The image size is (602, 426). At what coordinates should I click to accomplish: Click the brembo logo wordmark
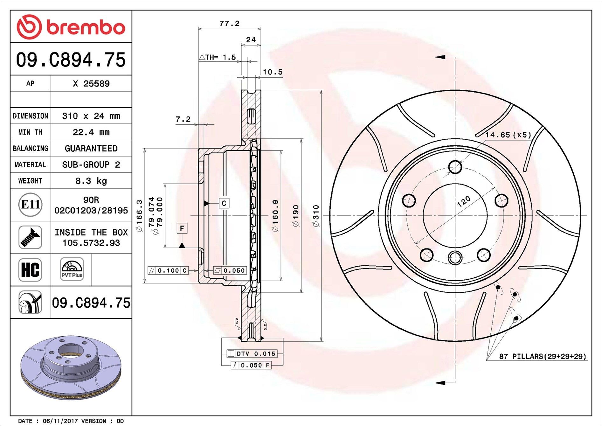[85, 27]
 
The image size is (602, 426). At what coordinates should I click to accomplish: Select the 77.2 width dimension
[229, 24]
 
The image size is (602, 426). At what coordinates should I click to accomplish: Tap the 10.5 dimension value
[273, 72]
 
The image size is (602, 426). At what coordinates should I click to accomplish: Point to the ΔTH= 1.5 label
[218, 58]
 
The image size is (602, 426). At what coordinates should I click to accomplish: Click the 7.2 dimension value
[183, 119]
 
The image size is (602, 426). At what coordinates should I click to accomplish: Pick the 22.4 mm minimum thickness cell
[91, 132]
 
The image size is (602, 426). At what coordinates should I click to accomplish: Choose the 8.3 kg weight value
[91, 181]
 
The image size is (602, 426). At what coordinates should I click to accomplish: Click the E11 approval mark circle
[30, 205]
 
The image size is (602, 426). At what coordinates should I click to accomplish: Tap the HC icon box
[30, 270]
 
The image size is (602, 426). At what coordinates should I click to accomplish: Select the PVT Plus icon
[72, 269]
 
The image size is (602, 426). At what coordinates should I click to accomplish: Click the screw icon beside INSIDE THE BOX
[30, 237]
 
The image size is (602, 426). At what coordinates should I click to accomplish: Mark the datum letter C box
[224, 203]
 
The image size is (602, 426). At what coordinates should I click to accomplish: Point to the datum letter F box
[182, 228]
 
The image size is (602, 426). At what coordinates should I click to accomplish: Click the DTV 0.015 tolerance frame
[252, 353]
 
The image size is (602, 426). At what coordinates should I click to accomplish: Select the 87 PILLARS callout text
[543, 356]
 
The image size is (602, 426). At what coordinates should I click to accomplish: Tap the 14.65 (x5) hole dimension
[508, 135]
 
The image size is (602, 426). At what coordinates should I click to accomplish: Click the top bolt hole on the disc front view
[455, 167]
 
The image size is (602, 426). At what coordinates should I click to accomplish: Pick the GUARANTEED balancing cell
[91, 148]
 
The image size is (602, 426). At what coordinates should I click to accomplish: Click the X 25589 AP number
[91, 84]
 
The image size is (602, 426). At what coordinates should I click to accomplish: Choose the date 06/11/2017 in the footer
[60, 421]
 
